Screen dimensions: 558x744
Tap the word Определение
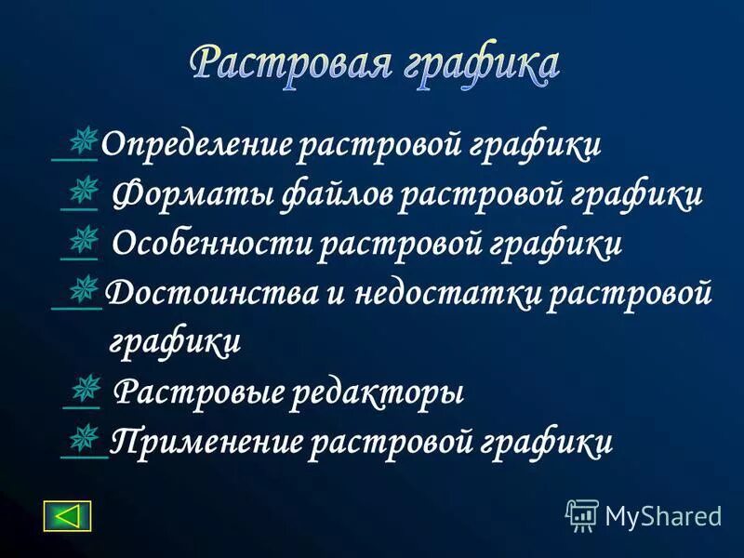tap(196, 145)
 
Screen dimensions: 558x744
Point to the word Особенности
tap(211, 245)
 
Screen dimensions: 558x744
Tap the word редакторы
tap(377, 392)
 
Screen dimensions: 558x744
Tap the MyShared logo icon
tap(582, 513)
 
